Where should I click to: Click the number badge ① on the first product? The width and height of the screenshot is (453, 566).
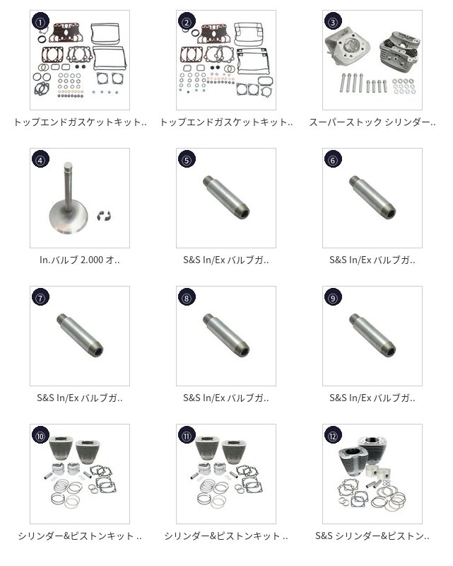(x=41, y=22)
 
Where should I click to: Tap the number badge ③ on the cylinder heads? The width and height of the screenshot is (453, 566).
(x=333, y=22)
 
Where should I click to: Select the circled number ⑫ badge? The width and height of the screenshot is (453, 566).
(x=333, y=436)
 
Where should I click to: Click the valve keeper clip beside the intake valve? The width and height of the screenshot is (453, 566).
(x=104, y=216)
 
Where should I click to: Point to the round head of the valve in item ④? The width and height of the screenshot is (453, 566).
(x=69, y=219)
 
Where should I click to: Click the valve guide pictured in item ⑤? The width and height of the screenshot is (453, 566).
(x=226, y=197)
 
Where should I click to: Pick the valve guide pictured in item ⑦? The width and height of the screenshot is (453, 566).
(x=80, y=335)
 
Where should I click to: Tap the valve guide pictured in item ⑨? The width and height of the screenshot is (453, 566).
(x=372, y=335)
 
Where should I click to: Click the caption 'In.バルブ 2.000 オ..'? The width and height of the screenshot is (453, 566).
(x=80, y=260)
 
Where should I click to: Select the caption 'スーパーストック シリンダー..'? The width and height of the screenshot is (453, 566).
(x=372, y=122)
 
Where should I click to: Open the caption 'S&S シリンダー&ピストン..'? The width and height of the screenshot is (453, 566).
(x=372, y=536)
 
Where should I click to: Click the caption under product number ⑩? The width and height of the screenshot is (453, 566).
(x=80, y=536)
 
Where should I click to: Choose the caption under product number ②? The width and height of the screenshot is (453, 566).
(x=226, y=122)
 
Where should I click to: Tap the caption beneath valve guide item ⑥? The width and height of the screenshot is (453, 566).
(x=372, y=260)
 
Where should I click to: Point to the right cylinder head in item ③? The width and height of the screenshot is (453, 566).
(x=399, y=50)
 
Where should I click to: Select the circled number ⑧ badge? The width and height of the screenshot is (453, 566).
(x=187, y=298)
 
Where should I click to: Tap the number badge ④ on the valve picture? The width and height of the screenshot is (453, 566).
(x=41, y=160)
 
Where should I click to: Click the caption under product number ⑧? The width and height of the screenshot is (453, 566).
(x=226, y=398)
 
